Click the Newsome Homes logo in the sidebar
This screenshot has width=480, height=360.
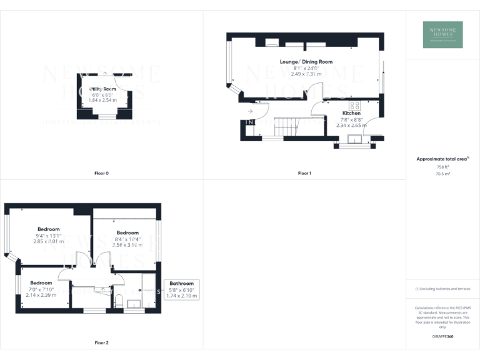[x=442, y=35]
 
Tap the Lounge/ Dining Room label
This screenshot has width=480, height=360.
[x=306, y=62]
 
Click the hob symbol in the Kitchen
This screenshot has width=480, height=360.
[x=355, y=106]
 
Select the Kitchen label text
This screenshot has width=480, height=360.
[x=351, y=113]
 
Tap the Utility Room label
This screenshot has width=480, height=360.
[x=103, y=89]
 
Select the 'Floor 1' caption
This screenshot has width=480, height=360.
[x=304, y=172]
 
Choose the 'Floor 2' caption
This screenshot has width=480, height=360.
[x=101, y=342]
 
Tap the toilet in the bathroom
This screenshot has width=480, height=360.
[x=119, y=301]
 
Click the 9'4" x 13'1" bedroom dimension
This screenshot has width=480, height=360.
[x=48, y=235]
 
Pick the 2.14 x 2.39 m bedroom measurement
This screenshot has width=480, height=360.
[x=41, y=294]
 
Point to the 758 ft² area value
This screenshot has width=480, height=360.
[x=442, y=167]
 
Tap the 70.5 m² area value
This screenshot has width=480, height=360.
[x=442, y=174]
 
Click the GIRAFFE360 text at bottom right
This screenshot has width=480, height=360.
[x=442, y=336]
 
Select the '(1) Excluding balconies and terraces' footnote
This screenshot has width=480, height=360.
[x=442, y=288]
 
